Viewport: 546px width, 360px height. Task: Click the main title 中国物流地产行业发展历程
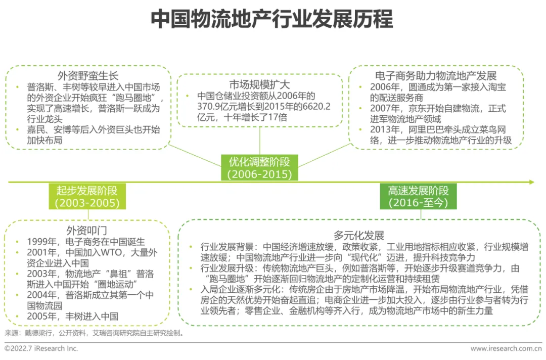pos(272,19)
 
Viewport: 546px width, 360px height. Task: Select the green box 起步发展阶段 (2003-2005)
pos(87,197)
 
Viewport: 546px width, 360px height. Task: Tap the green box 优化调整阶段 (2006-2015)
pos(260,167)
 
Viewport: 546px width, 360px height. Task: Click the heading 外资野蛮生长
pos(88,76)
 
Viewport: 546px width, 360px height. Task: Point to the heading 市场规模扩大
pos(259,84)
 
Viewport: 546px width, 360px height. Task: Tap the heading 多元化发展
pos(359,235)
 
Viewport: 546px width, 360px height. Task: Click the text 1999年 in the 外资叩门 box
pos(38,242)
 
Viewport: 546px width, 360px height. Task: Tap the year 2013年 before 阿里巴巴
pos(385,130)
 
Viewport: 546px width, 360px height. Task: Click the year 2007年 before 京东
pos(385,108)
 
